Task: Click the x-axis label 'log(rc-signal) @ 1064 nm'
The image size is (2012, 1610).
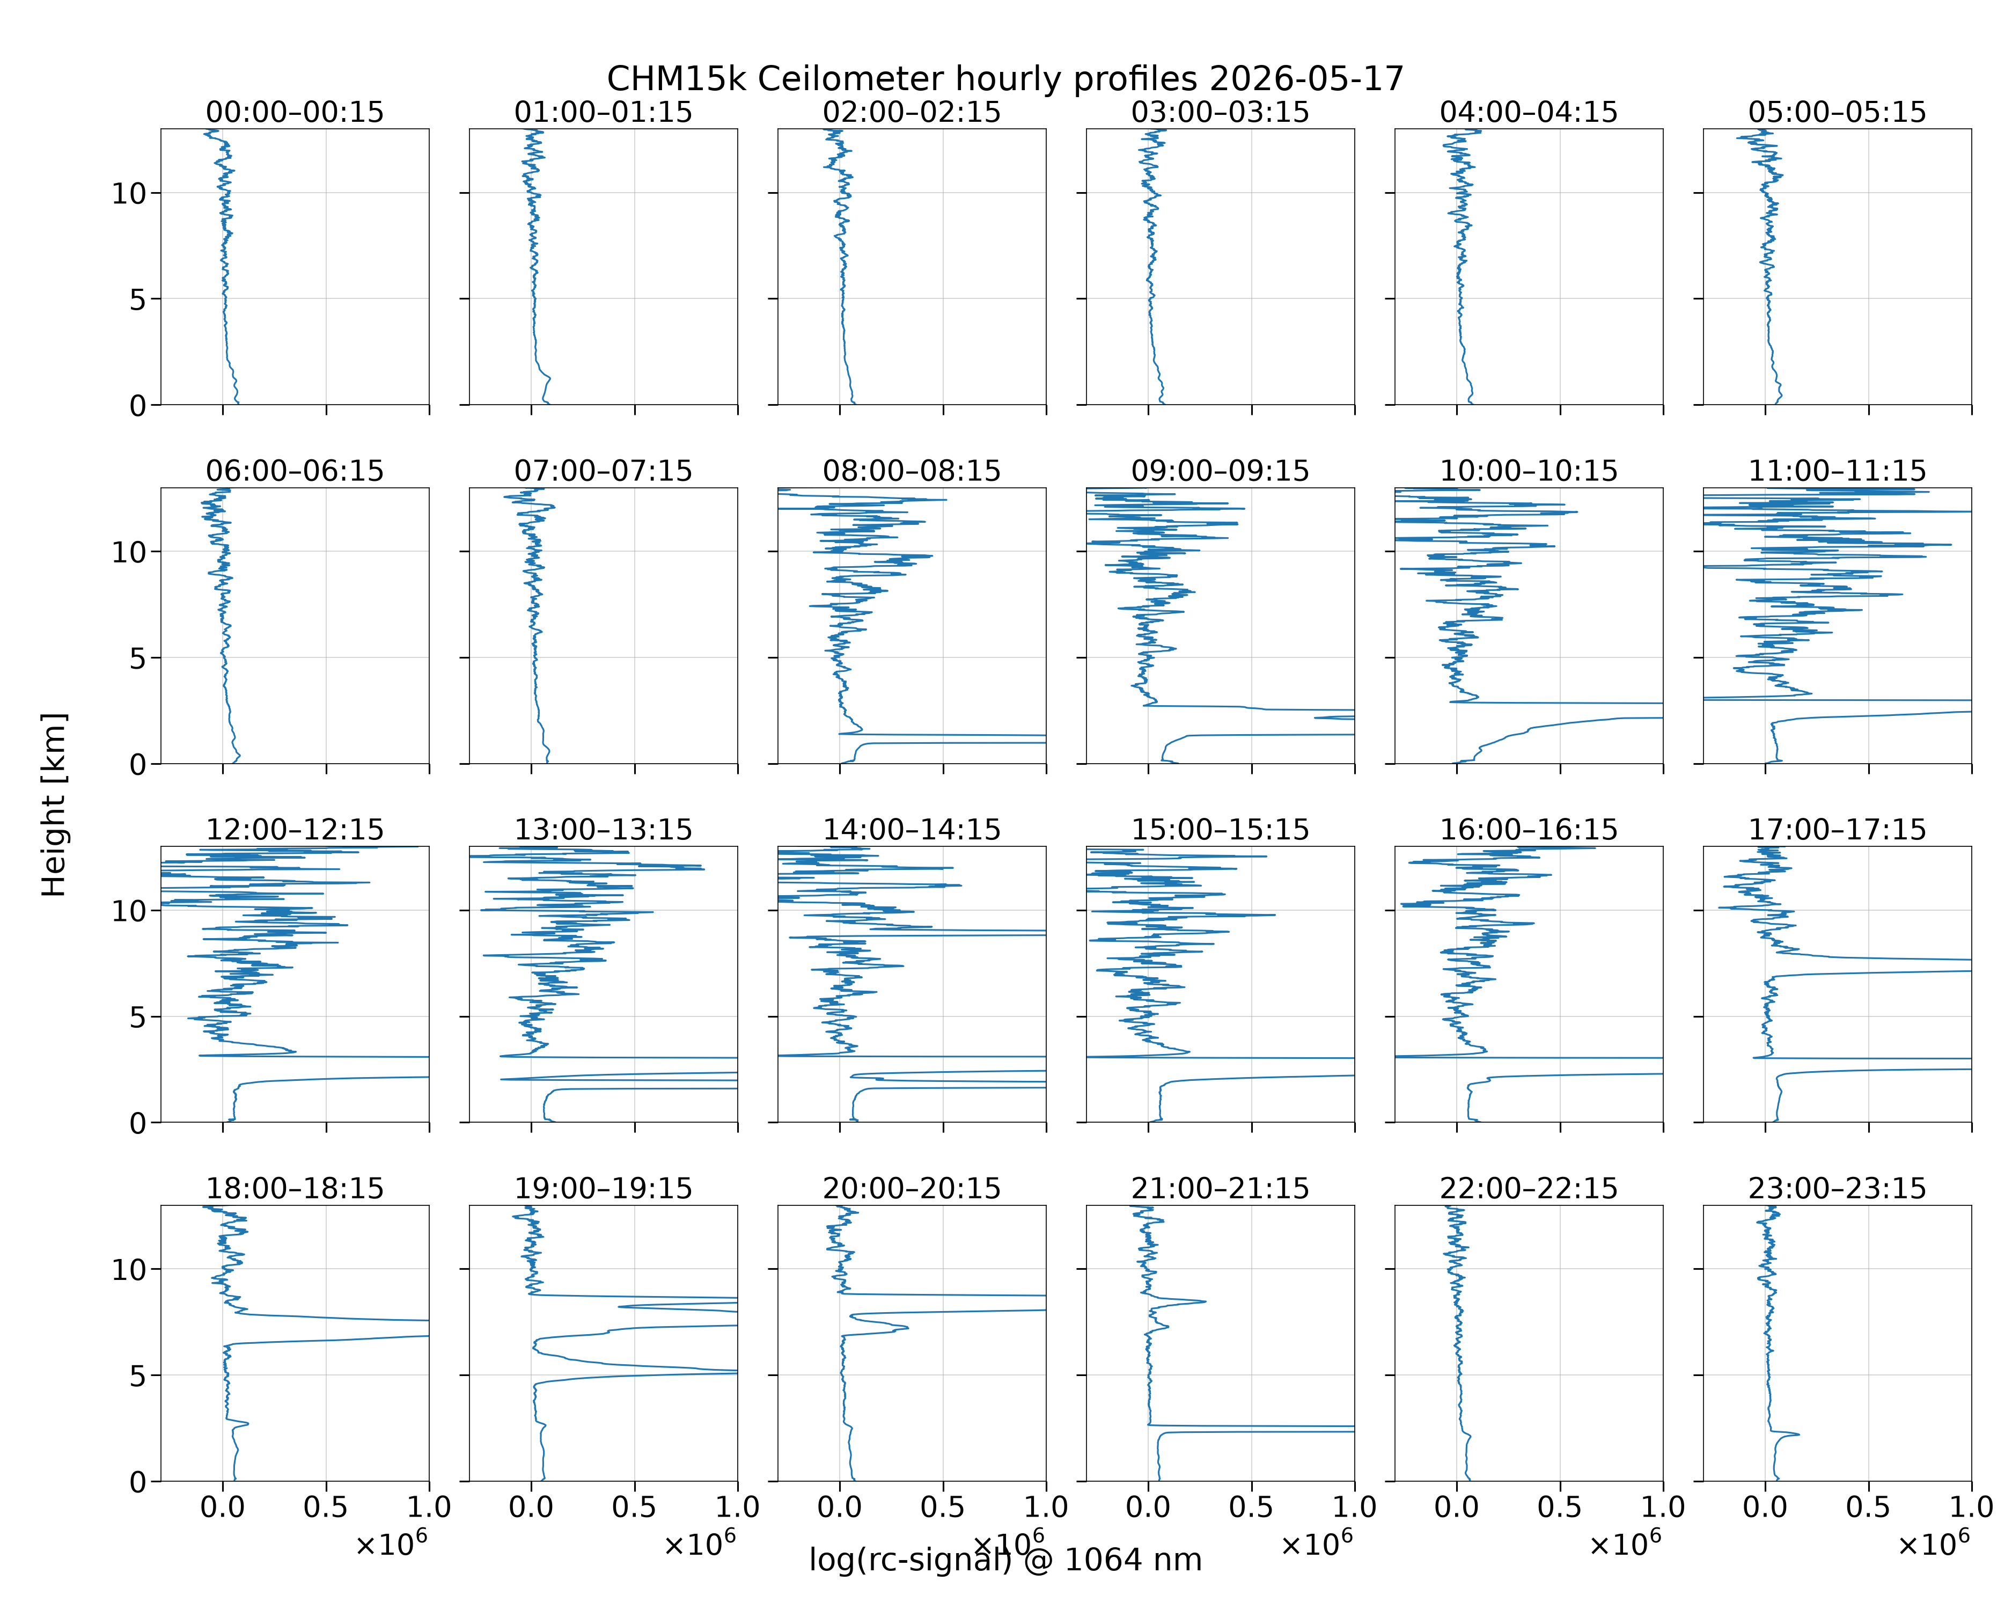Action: coord(1005,1560)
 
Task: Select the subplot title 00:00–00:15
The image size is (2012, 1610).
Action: coord(295,112)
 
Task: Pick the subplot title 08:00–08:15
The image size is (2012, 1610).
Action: coord(912,471)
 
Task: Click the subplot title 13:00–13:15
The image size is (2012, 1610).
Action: coord(604,830)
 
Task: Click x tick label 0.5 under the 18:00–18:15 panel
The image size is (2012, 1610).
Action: coord(326,1507)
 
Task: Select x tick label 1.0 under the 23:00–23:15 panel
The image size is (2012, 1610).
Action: coord(1971,1507)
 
